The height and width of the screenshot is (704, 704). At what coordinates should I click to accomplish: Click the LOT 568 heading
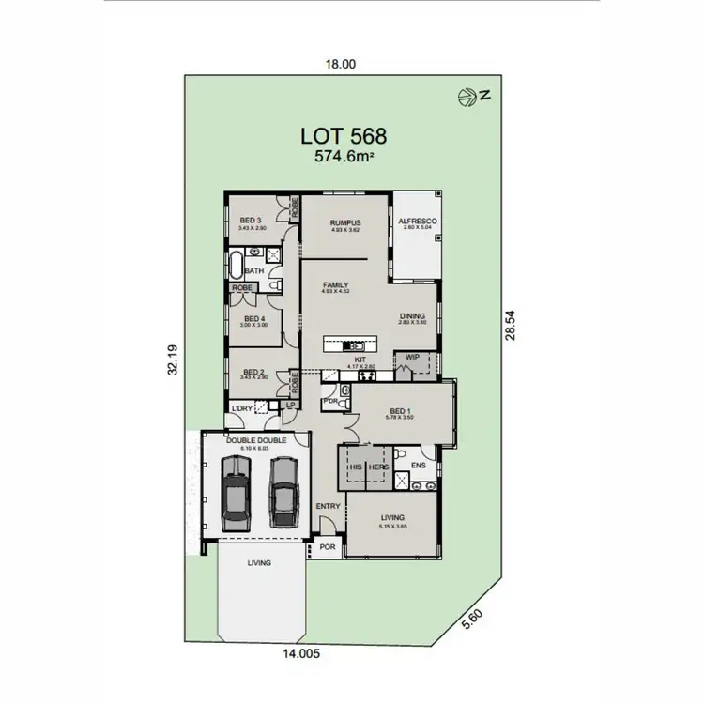(x=343, y=134)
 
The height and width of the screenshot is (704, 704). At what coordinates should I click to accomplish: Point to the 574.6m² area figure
(x=343, y=157)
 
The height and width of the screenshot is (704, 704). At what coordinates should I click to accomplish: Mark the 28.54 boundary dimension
(x=510, y=326)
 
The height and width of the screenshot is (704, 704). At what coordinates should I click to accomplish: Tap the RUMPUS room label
(x=345, y=222)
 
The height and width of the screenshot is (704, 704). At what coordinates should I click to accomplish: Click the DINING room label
(x=412, y=316)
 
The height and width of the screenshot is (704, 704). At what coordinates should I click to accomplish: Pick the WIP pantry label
(x=412, y=358)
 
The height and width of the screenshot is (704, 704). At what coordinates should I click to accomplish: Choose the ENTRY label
(x=328, y=506)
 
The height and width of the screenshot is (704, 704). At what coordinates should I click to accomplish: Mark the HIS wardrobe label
(x=356, y=467)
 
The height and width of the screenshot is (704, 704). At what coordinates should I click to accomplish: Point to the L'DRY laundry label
(x=242, y=408)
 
